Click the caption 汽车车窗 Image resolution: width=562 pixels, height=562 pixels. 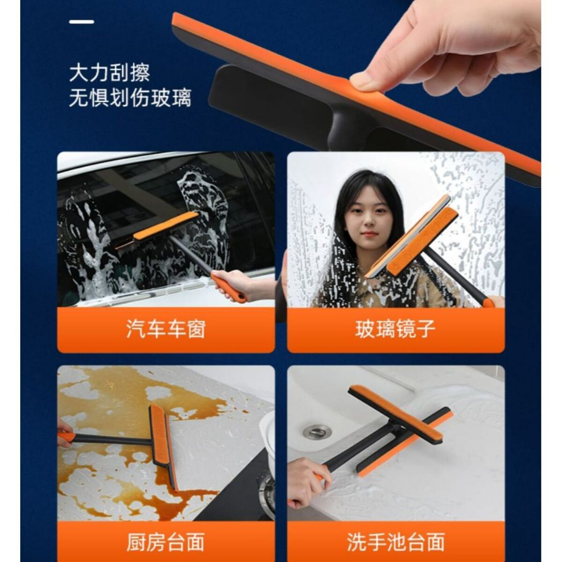(x=166, y=329)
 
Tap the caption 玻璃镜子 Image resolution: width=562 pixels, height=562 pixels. (x=395, y=329)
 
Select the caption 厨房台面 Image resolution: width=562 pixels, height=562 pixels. (x=165, y=534)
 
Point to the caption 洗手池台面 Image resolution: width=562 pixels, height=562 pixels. (x=396, y=534)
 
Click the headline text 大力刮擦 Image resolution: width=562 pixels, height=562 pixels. (x=110, y=73)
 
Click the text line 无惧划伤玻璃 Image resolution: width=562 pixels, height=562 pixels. (x=130, y=98)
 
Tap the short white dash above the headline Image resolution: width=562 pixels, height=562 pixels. (x=81, y=22)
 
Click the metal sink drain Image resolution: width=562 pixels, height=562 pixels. (x=318, y=431)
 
